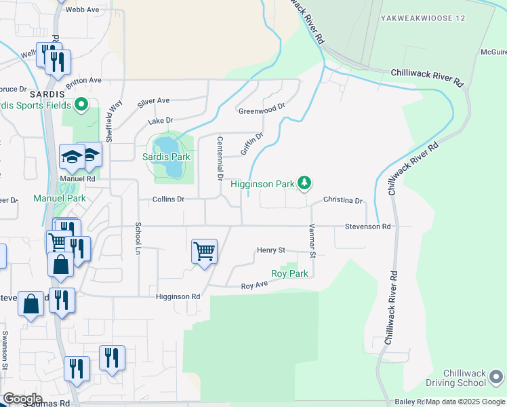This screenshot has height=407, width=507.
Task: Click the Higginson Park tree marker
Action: click(305, 182)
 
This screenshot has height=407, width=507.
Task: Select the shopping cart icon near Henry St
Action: click(204, 252)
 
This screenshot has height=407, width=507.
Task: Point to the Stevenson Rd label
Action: click(367, 227)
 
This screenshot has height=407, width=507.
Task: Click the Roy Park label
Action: click(289, 274)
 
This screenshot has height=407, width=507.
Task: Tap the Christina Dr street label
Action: click(343, 201)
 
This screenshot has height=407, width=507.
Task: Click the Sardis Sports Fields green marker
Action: click(82, 105)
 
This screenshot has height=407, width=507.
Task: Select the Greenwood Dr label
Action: click(262, 109)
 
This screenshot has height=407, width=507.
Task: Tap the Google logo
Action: click(22, 398)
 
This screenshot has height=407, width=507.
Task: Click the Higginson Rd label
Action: click(178, 296)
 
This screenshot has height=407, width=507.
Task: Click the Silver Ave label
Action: click(154, 101)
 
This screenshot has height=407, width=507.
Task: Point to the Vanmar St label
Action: click(312, 241)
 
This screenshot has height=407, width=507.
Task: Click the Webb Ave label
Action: click(82, 10)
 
